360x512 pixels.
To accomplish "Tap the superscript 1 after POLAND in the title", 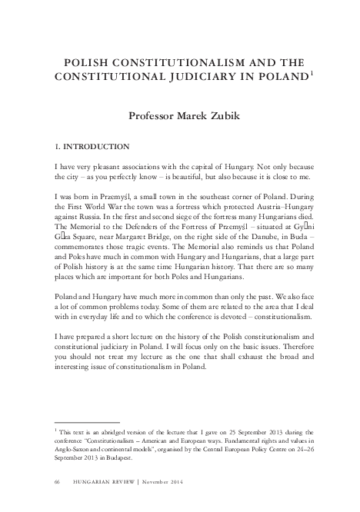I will tap(312, 73).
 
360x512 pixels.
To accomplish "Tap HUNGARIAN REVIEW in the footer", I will tap(101, 480).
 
